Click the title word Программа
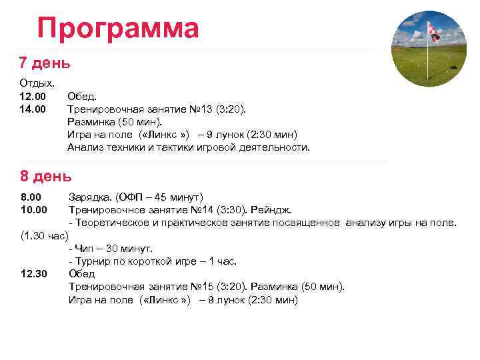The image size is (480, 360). [x=118, y=29]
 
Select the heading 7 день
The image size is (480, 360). [x=45, y=63]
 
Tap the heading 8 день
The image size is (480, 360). [x=45, y=177]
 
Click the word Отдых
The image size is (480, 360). [x=37, y=84]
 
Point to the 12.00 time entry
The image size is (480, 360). [x=33, y=97]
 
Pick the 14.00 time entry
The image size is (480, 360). [x=33, y=109]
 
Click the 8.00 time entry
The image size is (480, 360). [x=31, y=197]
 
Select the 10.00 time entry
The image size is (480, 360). [x=34, y=210]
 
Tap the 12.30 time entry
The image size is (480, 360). [x=34, y=274]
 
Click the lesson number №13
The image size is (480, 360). [x=200, y=109]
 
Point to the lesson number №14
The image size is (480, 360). [x=202, y=210]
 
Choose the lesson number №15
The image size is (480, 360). [x=202, y=287]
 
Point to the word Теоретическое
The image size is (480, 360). [x=113, y=223]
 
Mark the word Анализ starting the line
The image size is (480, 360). [x=83, y=147]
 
